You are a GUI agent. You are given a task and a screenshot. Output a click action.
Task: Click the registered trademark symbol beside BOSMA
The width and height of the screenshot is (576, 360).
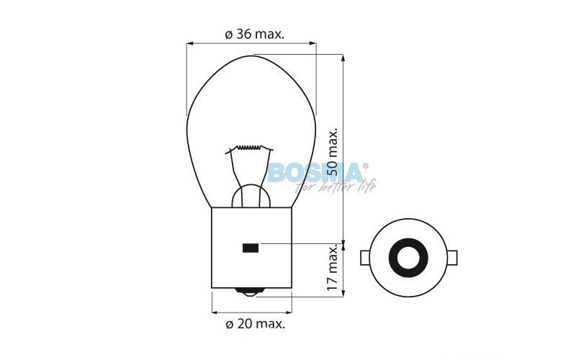click(x=365, y=165)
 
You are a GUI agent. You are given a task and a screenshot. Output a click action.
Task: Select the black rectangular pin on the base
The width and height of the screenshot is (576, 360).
click(x=251, y=248)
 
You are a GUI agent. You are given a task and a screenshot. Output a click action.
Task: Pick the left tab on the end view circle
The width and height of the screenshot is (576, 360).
click(x=364, y=256)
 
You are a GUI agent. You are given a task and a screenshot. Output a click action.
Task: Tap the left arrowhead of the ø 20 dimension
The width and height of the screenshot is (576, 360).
click(x=215, y=312)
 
